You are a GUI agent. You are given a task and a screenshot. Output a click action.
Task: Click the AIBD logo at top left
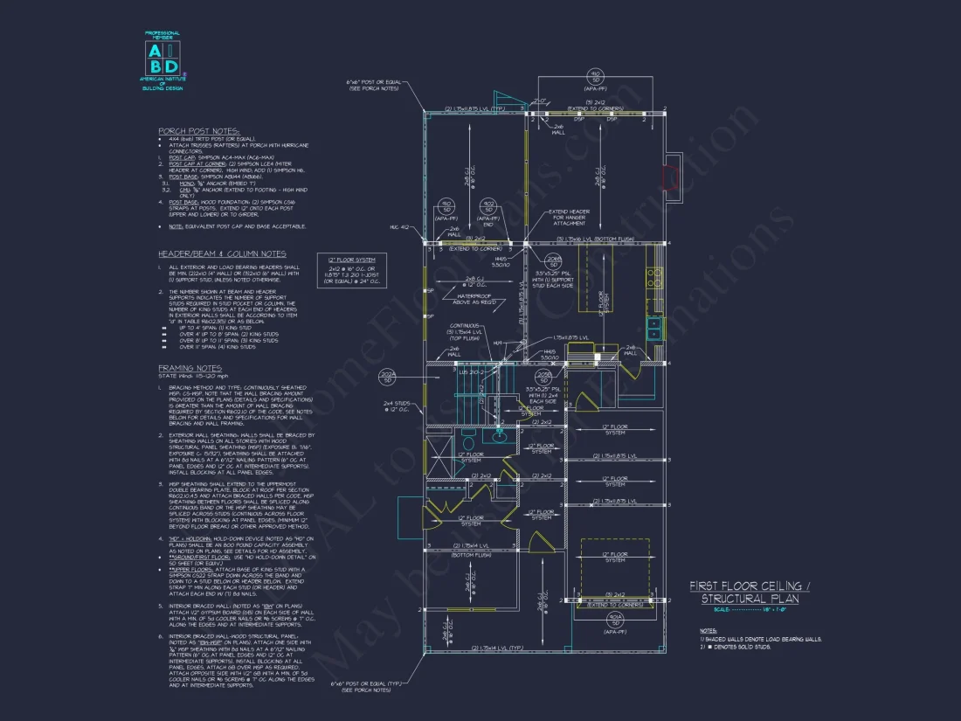point(162,57)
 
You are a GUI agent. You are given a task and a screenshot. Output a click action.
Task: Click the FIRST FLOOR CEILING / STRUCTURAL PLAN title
point(750,592)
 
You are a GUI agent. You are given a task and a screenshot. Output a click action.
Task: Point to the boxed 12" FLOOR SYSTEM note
point(356,273)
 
